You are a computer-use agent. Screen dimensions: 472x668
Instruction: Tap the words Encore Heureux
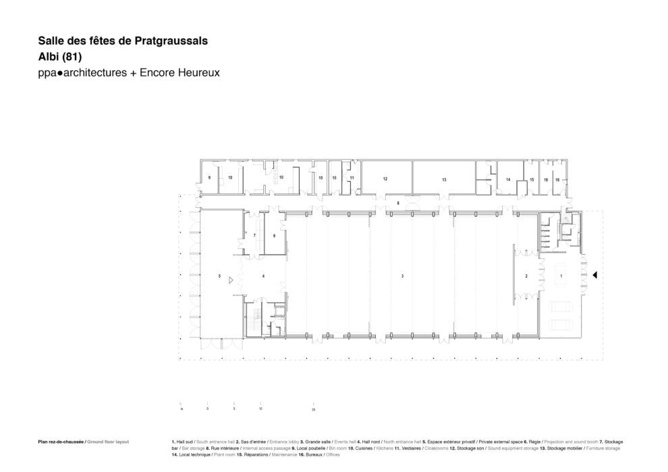coord(180,71)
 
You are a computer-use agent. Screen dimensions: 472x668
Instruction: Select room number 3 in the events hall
coord(402,276)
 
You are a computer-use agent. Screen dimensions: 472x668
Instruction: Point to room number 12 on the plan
coord(385,179)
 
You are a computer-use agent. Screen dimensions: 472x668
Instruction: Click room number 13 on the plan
coord(444,179)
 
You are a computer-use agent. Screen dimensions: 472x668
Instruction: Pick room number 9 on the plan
coord(210,177)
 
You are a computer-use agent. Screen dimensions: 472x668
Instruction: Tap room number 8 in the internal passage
coord(398,202)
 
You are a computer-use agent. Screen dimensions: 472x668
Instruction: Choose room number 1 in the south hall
coord(561,276)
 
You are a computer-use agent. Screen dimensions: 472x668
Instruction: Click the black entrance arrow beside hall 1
coord(594,275)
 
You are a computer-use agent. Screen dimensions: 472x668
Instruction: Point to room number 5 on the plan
coord(219,276)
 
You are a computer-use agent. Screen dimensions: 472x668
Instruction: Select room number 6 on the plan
coord(274,236)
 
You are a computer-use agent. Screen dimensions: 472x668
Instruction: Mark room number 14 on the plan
coord(507,179)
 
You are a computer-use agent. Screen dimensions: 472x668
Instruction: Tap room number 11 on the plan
coord(352,177)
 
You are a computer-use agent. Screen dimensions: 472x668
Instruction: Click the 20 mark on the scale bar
coord(314,409)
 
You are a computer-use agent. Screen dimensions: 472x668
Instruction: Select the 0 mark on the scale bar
coord(208,409)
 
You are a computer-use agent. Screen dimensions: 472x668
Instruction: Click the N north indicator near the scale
coord(182,409)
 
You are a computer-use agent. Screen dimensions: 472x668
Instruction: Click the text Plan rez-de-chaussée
coord(61,442)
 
